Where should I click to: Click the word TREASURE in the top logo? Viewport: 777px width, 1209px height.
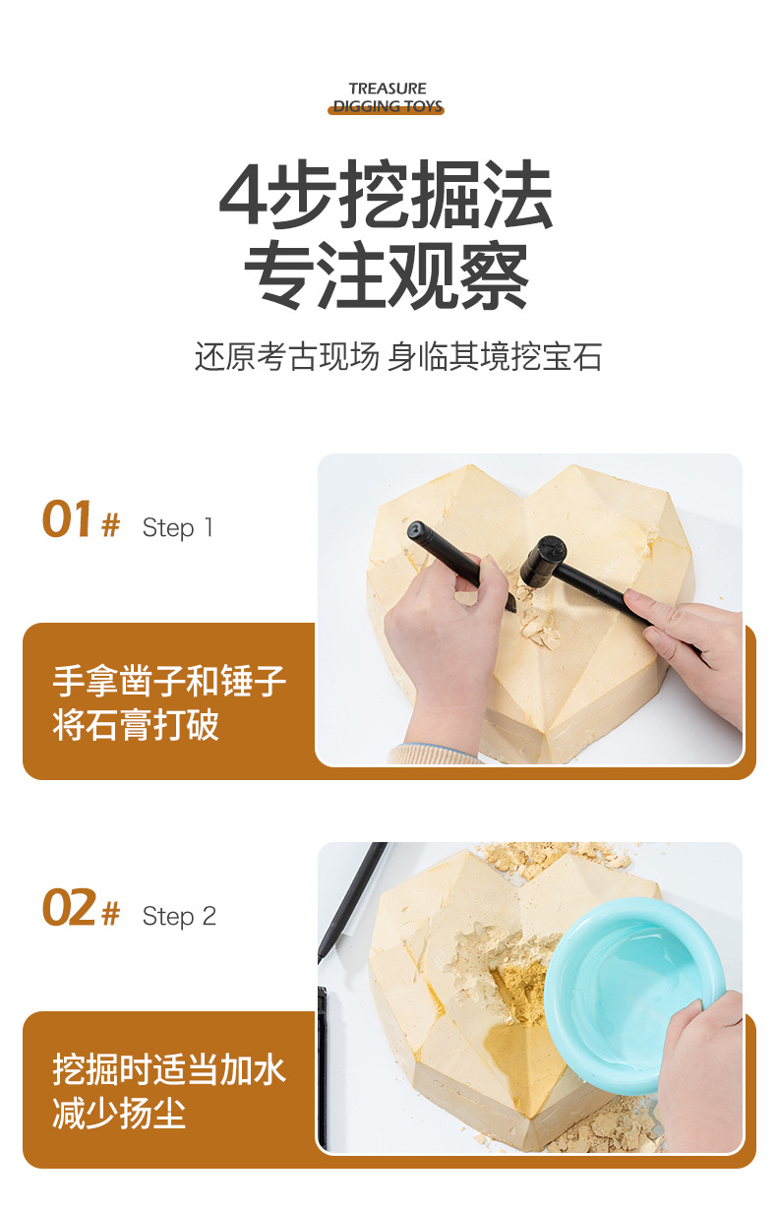pyautogui.click(x=388, y=88)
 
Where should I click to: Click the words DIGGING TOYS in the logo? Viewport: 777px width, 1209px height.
pyautogui.click(x=388, y=106)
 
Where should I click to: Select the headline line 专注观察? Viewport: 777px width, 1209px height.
pyautogui.click(x=387, y=275)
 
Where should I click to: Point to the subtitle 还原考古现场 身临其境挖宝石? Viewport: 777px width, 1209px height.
pyautogui.click(x=398, y=357)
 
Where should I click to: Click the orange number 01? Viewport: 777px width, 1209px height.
pyautogui.click(x=67, y=518)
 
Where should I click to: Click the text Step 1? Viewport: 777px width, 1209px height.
pyautogui.click(x=177, y=527)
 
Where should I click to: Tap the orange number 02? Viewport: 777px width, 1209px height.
pyautogui.click(x=69, y=907)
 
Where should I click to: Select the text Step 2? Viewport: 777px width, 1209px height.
pyautogui.click(x=179, y=916)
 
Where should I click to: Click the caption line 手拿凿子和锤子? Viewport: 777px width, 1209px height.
pyautogui.click(x=169, y=682)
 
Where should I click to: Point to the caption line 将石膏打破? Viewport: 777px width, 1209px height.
pyautogui.click(x=136, y=725)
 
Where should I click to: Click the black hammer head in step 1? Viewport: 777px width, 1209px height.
pyautogui.click(x=543, y=562)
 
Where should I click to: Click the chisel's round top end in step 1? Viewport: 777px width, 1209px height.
pyautogui.click(x=417, y=530)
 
